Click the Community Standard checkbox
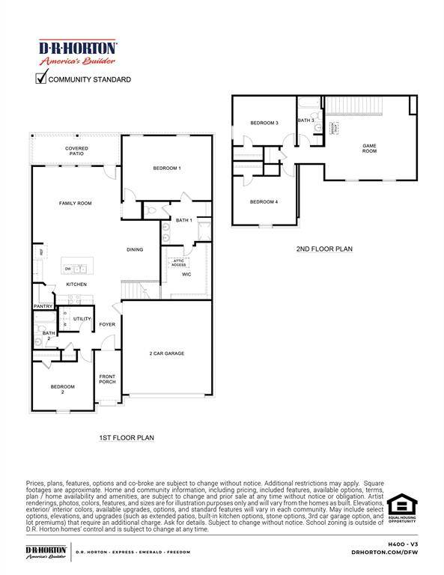click(x=42, y=78)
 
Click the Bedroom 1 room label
click(x=167, y=168)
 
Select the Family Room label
click(x=76, y=204)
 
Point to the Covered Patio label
click(x=76, y=151)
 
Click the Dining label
click(x=135, y=250)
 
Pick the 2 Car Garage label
click(x=166, y=353)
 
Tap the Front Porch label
click(x=108, y=379)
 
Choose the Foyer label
click(x=107, y=324)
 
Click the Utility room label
click(x=82, y=319)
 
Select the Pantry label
click(x=42, y=307)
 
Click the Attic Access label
click(x=178, y=263)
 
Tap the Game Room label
click(x=369, y=149)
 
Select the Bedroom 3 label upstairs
click(x=264, y=123)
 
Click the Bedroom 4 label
click(x=264, y=201)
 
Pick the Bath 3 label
click(x=305, y=120)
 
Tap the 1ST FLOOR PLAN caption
click(x=127, y=437)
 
